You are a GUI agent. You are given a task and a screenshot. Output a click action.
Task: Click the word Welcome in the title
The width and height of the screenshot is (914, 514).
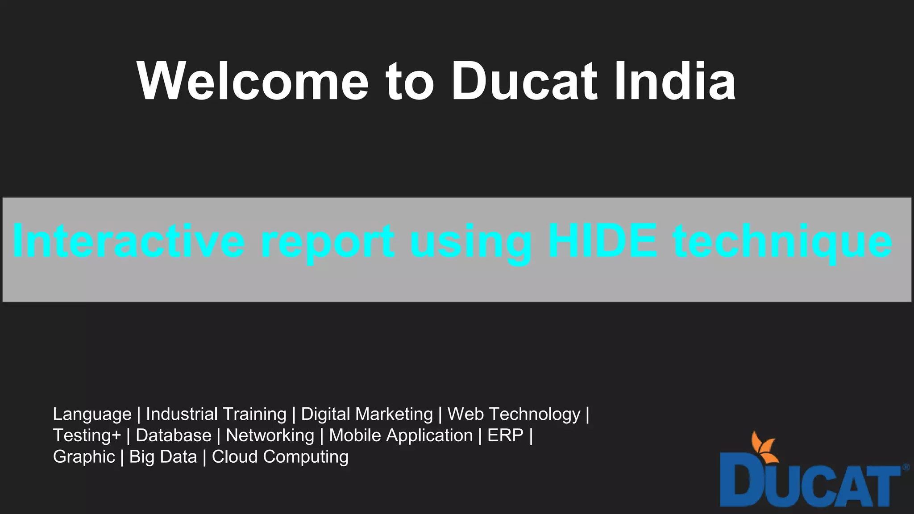253,81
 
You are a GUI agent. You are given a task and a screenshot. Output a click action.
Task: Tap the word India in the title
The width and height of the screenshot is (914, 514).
674,81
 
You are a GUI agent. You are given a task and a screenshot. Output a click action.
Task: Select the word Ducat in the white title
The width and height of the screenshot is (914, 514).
524,81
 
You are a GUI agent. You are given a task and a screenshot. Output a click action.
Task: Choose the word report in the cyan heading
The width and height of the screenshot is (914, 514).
328,242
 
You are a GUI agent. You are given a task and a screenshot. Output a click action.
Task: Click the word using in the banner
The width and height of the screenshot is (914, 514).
471,242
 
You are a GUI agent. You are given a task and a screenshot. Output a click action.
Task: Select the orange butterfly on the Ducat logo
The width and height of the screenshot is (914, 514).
764,447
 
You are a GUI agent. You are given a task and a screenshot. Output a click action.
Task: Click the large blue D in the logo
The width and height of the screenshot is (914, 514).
741,485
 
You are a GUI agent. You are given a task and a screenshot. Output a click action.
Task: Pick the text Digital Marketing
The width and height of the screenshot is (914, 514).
367,414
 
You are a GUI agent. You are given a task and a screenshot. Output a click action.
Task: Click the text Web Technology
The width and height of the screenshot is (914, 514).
514,414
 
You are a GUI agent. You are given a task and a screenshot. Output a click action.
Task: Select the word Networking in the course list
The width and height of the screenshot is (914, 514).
270,435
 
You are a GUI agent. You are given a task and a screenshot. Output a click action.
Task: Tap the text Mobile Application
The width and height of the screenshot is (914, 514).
401,435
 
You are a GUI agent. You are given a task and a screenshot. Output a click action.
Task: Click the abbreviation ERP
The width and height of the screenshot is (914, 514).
505,435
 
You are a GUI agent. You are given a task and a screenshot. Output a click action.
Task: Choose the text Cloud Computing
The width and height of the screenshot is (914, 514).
280,457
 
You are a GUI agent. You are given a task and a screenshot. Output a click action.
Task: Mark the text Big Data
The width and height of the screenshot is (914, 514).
163,457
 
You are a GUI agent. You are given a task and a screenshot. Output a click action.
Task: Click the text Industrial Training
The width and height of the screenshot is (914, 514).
216,414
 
